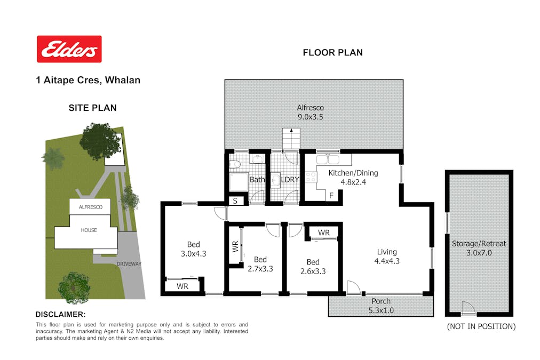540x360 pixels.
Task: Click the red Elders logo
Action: click(69, 49)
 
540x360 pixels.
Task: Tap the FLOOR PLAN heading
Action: click(332, 53)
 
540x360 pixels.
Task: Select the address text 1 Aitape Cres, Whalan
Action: click(88, 80)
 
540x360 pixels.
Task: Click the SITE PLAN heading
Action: click(93, 108)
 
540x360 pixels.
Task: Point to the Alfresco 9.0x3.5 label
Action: click(311, 112)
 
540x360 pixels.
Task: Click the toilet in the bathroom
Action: click(235, 164)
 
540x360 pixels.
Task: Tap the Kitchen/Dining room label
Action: click(353, 178)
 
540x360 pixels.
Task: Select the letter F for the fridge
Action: click(331, 196)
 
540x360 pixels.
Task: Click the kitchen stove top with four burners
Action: click(311, 177)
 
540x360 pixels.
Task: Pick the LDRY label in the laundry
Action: click(290, 180)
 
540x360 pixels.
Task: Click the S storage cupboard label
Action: click(235, 201)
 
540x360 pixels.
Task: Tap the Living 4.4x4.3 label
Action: click(387, 257)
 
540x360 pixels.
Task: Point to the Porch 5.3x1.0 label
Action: click(381, 306)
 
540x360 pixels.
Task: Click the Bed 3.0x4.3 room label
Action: click(194, 249)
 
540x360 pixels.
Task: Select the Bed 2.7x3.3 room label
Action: click(260, 264)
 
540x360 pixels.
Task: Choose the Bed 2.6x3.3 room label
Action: click(313, 266)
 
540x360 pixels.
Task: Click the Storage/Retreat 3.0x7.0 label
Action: click(479, 248)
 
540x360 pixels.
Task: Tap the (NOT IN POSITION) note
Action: click(481, 326)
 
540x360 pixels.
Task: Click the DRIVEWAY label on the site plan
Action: click(129, 264)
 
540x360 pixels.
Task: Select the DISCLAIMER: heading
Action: click(61, 315)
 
